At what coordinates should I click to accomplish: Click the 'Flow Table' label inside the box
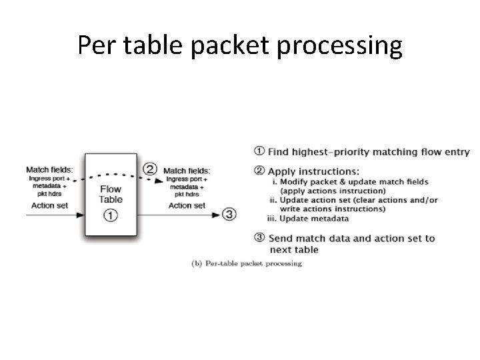(x=111, y=193)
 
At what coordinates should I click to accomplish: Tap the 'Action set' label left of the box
(x=49, y=205)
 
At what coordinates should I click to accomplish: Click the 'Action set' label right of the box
(x=187, y=205)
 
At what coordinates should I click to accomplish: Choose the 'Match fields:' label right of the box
(x=187, y=171)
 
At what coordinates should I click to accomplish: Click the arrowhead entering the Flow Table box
(x=81, y=215)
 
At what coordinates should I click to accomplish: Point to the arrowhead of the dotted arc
(x=160, y=181)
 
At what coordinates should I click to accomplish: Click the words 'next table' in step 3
(x=294, y=250)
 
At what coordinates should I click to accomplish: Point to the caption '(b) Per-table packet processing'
(x=247, y=263)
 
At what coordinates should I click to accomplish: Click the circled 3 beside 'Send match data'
(x=259, y=238)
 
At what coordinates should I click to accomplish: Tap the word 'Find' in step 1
(x=279, y=152)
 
